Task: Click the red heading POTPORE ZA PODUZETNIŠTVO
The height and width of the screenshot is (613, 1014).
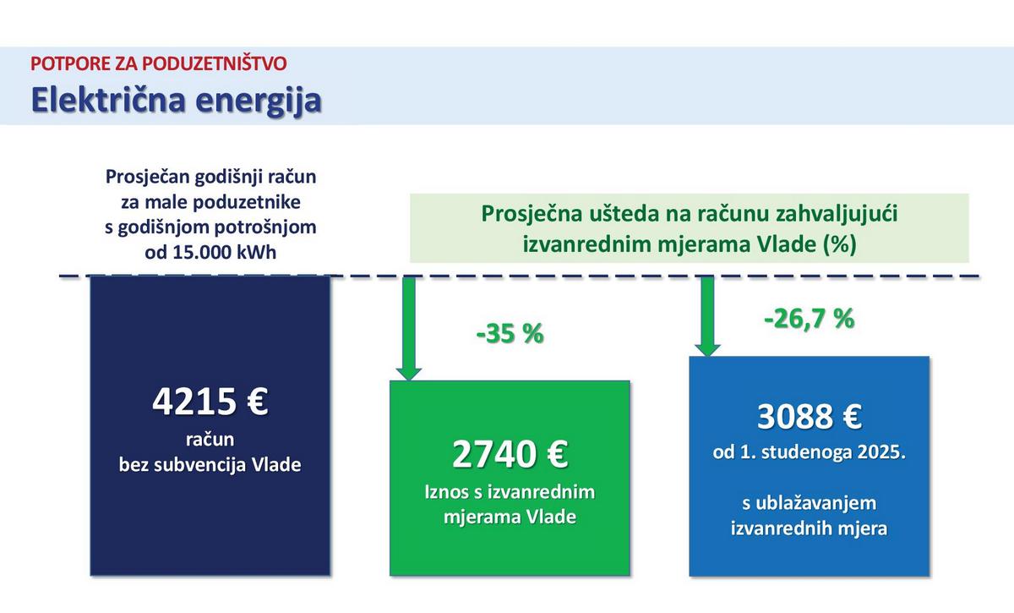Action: pyautogui.click(x=159, y=63)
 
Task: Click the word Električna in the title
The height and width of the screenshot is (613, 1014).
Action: pyautogui.click(x=108, y=100)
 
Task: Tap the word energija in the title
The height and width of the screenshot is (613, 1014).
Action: pyautogui.click(x=259, y=101)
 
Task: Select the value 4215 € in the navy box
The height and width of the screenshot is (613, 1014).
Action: pyautogui.click(x=210, y=402)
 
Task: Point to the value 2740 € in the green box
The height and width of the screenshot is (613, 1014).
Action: pyautogui.click(x=510, y=454)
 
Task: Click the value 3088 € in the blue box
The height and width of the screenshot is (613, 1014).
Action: pyautogui.click(x=810, y=416)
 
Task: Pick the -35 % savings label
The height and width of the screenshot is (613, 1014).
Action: pyautogui.click(x=510, y=333)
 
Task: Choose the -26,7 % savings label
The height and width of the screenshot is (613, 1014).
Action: pyautogui.click(x=809, y=319)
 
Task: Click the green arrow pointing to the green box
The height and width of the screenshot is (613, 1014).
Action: pyautogui.click(x=409, y=328)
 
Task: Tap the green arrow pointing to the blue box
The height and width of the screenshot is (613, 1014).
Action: pyautogui.click(x=707, y=315)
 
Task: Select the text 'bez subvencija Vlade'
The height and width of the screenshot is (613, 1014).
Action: pyautogui.click(x=210, y=465)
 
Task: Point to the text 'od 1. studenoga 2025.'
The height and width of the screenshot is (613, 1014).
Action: pyautogui.click(x=810, y=452)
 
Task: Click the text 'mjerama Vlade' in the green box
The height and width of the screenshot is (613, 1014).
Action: pyautogui.click(x=510, y=517)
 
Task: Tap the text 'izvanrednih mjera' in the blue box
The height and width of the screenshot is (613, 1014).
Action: pyautogui.click(x=809, y=528)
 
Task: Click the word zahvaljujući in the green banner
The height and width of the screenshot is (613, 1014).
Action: pyautogui.click(x=837, y=214)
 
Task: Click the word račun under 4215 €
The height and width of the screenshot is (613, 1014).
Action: pyautogui.click(x=210, y=440)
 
